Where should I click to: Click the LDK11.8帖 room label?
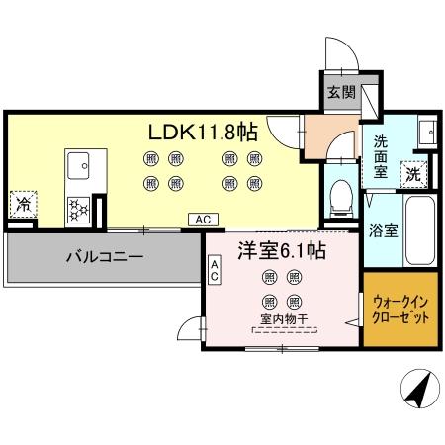click(x=203, y=131)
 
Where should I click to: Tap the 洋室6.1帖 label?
click(x=280, y=251)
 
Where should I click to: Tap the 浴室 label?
click(x=383, y=231)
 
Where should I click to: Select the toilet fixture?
click(x=340, y=194)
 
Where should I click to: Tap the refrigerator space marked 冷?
click(x=23, y=206)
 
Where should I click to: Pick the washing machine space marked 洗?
click(x=414, y=171)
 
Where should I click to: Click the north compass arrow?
click(x=417, y=390)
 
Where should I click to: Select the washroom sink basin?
click(x=425, y=133)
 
